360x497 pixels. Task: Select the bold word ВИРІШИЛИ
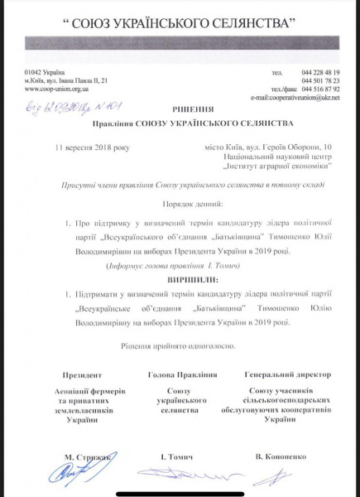click(180, 280)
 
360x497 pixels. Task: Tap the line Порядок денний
click(180, 202)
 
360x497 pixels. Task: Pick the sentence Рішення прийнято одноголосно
click(180, 345)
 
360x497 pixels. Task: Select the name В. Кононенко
click(276, 457)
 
